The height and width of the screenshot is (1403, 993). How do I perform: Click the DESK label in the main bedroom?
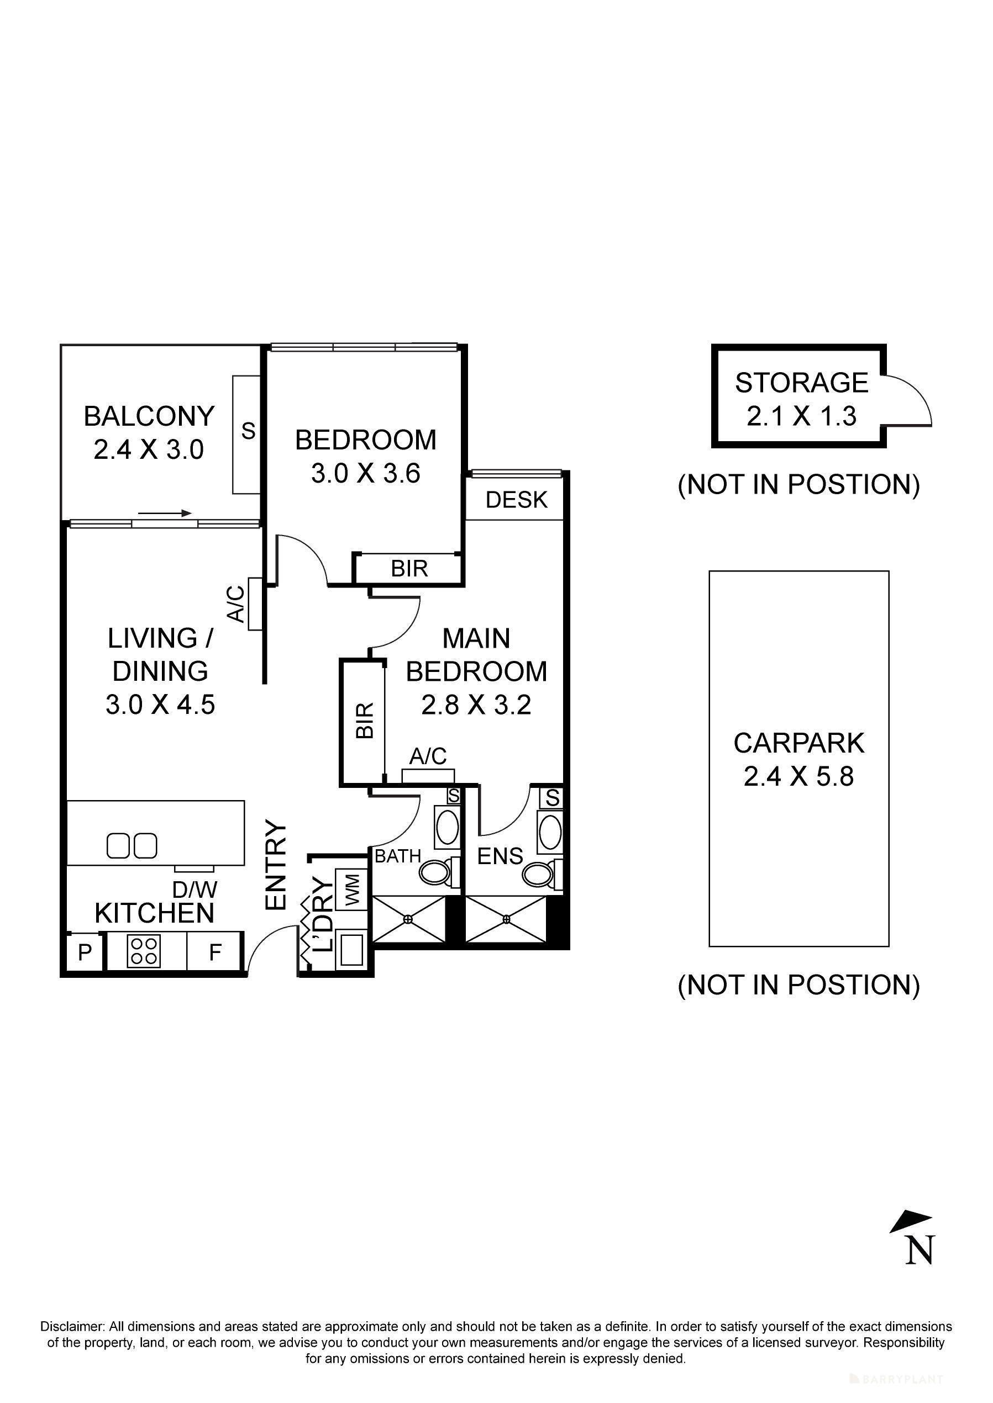(x=516, y=500)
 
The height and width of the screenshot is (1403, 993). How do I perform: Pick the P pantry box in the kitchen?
(x=85, y=952)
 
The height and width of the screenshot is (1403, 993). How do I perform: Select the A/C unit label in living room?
(x=236, y=603)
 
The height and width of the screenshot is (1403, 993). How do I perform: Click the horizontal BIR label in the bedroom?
(x=408, y=569)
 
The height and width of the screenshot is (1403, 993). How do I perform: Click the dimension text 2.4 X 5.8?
(x=798, y=777)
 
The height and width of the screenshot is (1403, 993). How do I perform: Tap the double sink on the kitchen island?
(x=132, y=846)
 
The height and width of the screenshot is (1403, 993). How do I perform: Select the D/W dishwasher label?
(x=195, y=889)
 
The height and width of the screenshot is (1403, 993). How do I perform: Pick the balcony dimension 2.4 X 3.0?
(x=149, y=451)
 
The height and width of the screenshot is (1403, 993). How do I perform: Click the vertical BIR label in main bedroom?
(x=364, y=721)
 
